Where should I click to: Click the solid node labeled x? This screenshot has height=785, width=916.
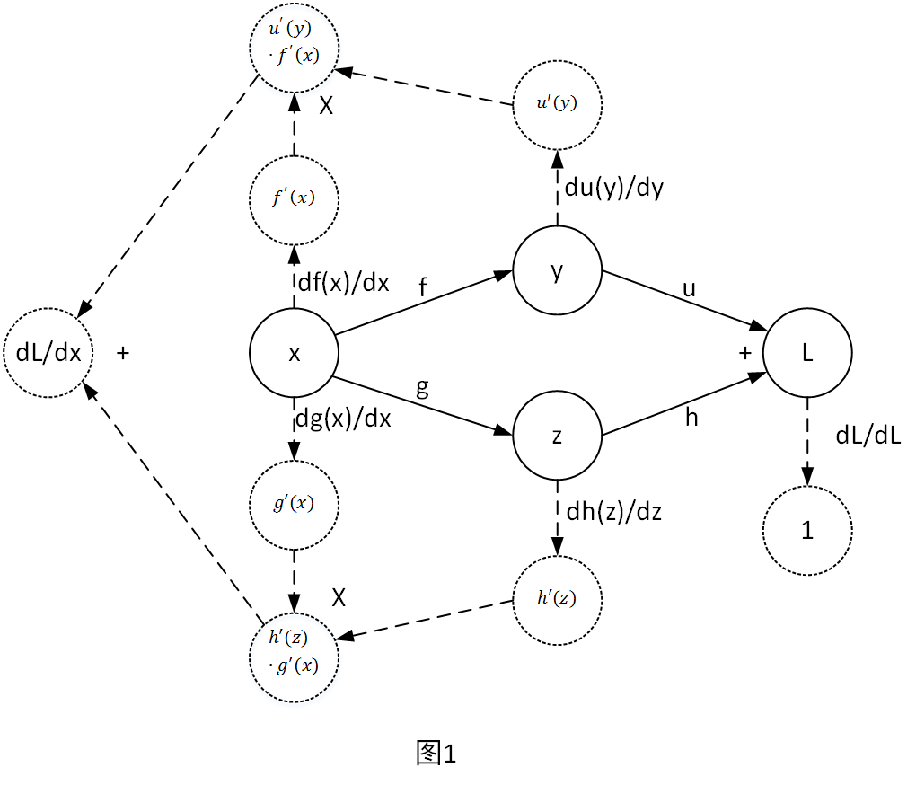[x=294, y=354]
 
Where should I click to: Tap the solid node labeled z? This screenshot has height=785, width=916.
[x=557, y=437]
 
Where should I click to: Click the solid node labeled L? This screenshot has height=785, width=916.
[x=807, y=354]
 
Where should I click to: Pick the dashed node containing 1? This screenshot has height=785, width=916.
[x=807, y=530]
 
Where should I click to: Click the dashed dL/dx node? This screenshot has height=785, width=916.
[x=48, y=353]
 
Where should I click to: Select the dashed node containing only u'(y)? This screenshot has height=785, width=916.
[x=557, y=103]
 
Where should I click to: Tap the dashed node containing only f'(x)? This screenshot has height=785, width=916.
[x=294, y=199]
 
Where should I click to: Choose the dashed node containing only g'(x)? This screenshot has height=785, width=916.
[x=294, y=504]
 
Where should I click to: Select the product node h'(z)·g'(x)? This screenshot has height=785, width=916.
[x=294, y=653]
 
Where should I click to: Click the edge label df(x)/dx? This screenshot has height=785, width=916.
[x=343, y=284]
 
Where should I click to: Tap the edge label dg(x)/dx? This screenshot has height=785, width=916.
[x=344, y=418]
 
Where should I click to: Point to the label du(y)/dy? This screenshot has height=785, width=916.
[x=614, y=189]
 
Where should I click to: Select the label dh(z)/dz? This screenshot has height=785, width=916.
[x=613, y=512]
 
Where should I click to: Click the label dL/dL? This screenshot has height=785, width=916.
[x=868, y=436]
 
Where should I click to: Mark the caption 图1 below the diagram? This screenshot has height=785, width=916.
[x=437, y=753]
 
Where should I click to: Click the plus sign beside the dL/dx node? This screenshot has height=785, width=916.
[x=124, y=354]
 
